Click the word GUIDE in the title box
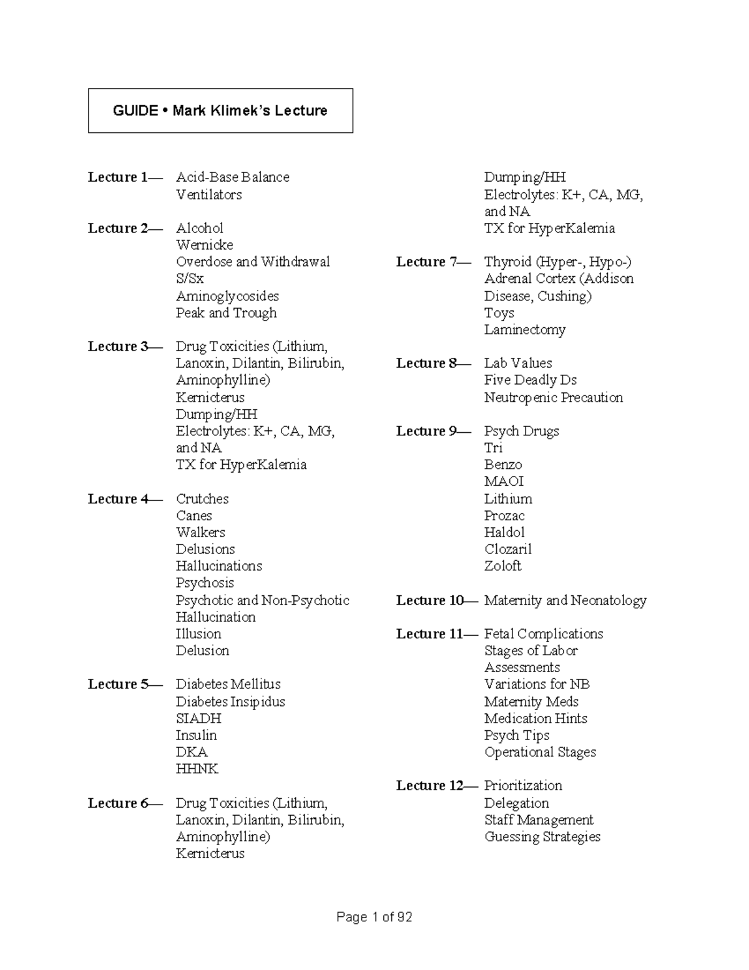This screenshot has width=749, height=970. coord(135,111)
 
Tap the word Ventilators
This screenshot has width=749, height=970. coord(208,195)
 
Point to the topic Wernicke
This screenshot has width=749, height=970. coord(204,245)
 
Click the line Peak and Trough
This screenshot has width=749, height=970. coord(226,313)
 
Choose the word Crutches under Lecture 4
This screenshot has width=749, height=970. coord(202,499)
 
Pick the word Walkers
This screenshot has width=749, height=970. coord(200,533)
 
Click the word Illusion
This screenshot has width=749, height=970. coord(198,634)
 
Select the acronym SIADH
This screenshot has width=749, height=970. coord(198,719)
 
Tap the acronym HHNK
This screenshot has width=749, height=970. coord(197,770)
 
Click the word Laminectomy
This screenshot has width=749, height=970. coord(524,330)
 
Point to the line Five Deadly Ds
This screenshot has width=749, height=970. coord(530,380)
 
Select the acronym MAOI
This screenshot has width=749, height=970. coord(504,482)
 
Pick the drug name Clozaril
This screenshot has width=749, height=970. coord(507,550)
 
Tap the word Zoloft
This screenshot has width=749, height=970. coord(502,566)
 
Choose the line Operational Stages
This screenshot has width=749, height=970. coord(540,753)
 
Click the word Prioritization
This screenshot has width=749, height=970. coord(523,786)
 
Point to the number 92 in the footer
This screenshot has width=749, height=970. coord(404,918)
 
